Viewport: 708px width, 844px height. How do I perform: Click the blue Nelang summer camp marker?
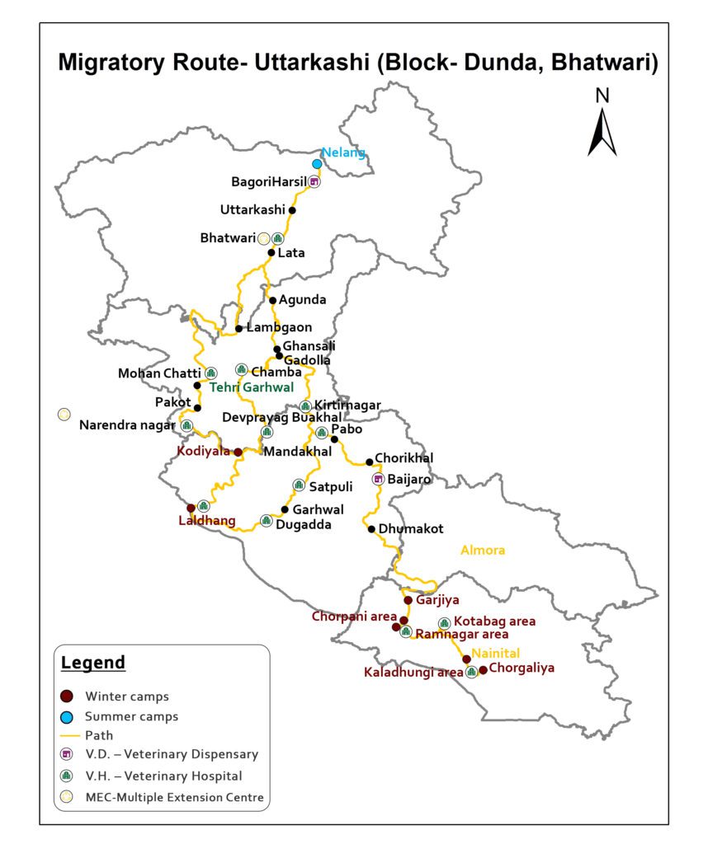(x=317, y=164)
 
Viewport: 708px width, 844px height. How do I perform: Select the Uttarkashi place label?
(x=253, y=210)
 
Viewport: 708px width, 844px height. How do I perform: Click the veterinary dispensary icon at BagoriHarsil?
(x=314, y=181)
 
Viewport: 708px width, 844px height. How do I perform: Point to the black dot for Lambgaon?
(x=238, y=329)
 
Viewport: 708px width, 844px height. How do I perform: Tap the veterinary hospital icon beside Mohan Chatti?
(x=210, y=373)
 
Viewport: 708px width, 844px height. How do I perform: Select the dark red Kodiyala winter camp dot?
(x=238, y=452)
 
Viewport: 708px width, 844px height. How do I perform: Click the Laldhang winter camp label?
(x=207, y=521)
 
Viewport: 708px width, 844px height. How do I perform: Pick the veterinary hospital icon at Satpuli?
(x=298, y=485)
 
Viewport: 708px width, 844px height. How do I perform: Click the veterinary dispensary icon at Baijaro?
(x=379, y=479)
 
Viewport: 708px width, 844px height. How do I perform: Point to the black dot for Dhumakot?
(x=371, y=529)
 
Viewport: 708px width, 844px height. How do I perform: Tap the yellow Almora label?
(x=484, y=551)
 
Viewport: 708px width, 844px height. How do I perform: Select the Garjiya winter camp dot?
(x=408, y=601)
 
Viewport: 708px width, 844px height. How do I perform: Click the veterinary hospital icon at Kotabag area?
(x=445, y=623)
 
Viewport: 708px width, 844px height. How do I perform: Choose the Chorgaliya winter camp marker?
(x=483, y=669)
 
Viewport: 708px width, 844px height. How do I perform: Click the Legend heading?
(x=93, y=663)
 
